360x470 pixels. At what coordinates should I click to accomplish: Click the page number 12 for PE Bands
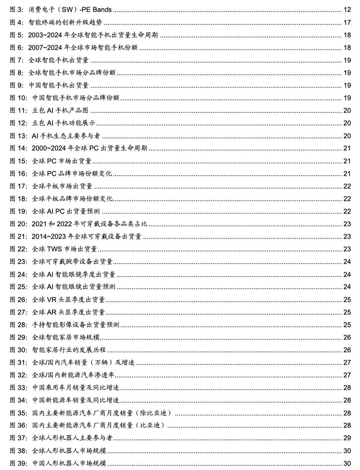[x=347, y=10]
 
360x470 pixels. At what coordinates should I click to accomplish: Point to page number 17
[x=347, y=22]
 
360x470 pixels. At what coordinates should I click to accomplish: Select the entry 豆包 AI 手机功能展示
[x=64, y=123]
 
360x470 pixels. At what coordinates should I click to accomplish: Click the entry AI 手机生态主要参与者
[x=66, y=136]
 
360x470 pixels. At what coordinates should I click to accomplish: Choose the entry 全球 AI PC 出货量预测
[x=66, y=211]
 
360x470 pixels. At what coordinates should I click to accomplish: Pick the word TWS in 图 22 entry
[x=55, y=249]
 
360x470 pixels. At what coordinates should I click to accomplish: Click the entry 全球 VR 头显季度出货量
[x=68, y=299]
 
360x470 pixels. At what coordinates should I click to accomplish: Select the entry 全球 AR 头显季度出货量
[x=68, y=312]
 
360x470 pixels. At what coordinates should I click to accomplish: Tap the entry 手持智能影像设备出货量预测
[x=75, y=325]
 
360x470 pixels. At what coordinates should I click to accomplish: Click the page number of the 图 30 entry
[x=347, y=350]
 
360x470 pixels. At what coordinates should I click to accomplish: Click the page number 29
[x=347, y=438]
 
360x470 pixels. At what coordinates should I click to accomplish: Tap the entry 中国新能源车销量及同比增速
[x=75, y=400]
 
